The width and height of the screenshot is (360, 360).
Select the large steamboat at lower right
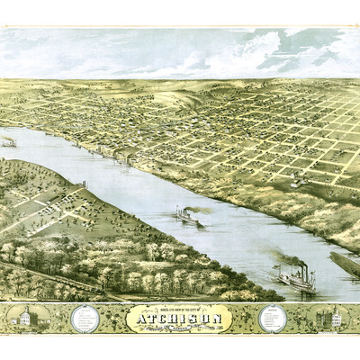[x=296, y=278]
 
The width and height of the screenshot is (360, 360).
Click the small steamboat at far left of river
[x=9, y=141]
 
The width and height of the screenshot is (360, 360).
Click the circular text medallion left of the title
[x=86, y=318]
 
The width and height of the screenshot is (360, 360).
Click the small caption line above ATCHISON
[x=180, y=308]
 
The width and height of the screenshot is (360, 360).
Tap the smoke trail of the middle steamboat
[x=202, y=210]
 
